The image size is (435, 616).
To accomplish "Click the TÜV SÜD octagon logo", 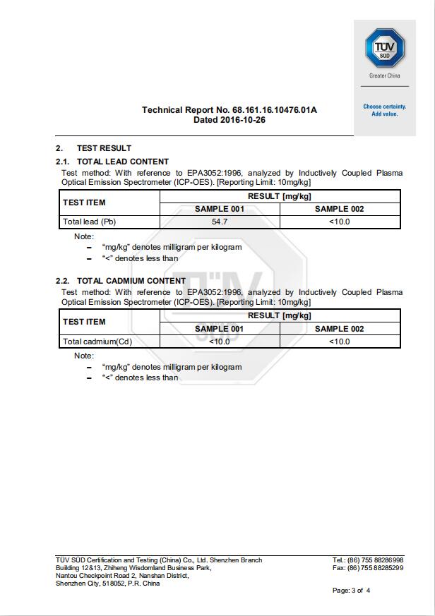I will (384, 49).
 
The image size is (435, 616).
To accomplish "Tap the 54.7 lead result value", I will (220, 222).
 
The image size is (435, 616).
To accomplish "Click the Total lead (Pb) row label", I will (89, 222).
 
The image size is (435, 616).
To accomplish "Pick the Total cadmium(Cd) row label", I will (97, 342).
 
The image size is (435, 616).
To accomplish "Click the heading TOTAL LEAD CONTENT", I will (122, 162).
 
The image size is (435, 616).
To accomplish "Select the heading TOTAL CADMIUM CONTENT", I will (131, 281).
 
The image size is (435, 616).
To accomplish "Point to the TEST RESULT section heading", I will (104, 148).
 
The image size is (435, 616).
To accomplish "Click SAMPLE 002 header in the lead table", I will (340, 209).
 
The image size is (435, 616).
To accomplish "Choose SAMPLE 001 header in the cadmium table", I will (220, 329).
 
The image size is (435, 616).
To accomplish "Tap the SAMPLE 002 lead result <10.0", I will (340, 222).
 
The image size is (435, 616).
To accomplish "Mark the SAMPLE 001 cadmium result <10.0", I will (220, 342).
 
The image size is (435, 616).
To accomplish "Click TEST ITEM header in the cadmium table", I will (84, 322).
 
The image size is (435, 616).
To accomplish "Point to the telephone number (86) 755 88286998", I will (375, 560).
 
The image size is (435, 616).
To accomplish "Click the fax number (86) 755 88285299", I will (375, 568).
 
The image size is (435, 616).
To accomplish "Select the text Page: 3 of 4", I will (351, 591).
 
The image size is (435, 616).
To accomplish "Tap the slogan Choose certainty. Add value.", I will (385, 110).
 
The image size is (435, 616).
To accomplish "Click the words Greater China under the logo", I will (385, 76).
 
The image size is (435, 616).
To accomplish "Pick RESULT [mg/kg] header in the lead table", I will (280, 196).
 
